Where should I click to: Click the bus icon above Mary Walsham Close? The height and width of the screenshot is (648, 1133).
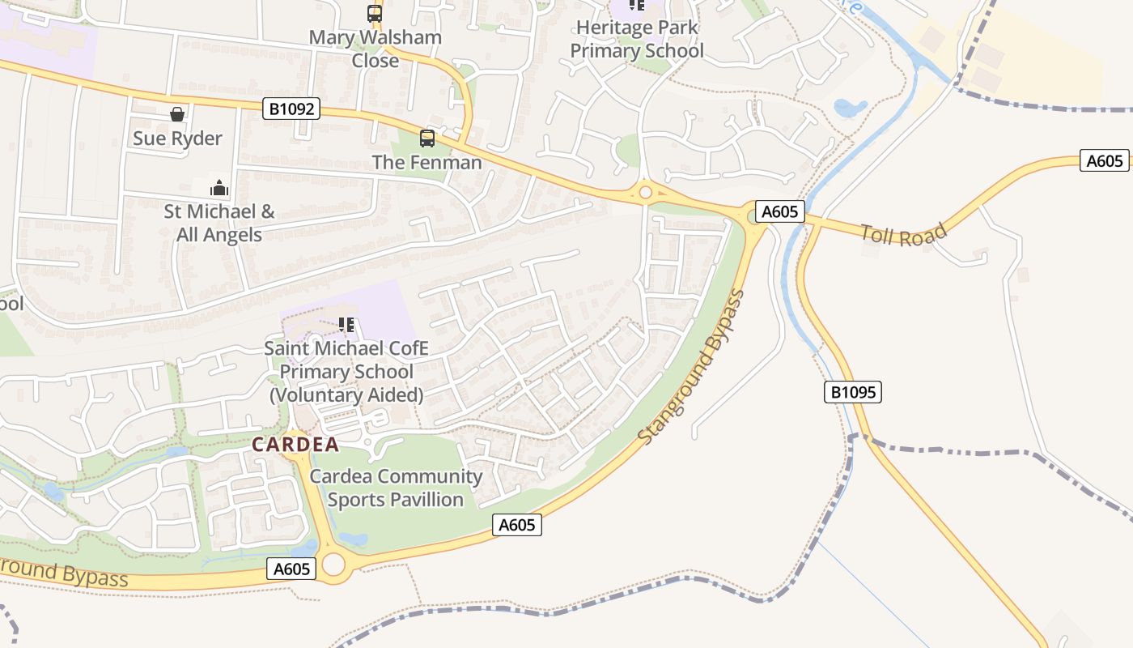tap(374, 13)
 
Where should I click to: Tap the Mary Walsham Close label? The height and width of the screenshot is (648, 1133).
tap(376, 49)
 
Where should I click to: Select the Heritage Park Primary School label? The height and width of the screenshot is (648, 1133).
tap(637, 39)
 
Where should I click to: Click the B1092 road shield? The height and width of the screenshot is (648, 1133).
tap(291, 109)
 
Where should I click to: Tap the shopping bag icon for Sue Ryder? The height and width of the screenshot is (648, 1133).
tap(177, 114)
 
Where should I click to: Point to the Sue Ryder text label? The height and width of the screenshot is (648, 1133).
tap(177, 139)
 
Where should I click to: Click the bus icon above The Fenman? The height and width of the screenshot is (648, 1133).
tap(426, 139)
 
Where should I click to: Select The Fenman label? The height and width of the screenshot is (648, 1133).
tap(426, 163)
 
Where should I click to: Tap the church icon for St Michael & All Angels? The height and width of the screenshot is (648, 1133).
tap(219, 188)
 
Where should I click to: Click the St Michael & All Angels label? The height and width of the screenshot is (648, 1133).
tap(219, 224)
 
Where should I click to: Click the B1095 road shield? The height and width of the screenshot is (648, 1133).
tap(852, 393)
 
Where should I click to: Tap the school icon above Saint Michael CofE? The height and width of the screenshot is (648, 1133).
tap(346, 325)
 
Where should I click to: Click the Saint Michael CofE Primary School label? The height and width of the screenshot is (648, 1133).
tap(346, 372)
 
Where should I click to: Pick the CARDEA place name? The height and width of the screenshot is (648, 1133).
tap(295, 445)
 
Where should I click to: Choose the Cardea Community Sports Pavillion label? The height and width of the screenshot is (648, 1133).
tap(396, 488)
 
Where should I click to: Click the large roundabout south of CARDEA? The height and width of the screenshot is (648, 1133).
tap(333, 564)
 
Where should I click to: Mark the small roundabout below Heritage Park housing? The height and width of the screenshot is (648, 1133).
tap(645, 192)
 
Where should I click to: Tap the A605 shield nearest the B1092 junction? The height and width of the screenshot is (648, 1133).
tap(780, 212)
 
